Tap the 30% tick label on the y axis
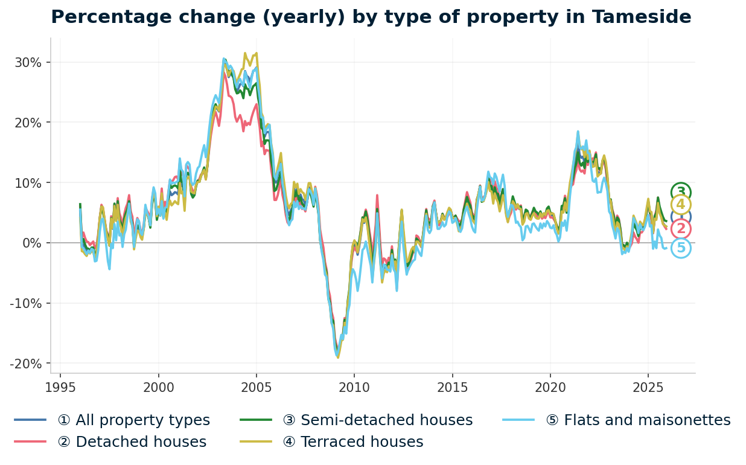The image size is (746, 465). [x=28, y=62]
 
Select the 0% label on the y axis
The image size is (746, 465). [x=31, y=243]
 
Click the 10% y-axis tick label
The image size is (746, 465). [x=28, y=182]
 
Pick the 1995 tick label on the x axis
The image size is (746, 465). [x=60, y=386]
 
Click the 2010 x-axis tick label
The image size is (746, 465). [x=354, y=386]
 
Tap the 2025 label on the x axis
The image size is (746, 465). [x=648, y=386]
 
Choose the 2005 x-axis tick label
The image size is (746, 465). [x=257, y=386]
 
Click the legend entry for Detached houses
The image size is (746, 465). [x=132, y=442]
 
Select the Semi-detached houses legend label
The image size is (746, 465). [x=377, y=420]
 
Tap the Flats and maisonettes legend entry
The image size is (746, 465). [x=638, y=420]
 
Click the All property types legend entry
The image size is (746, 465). [x=133, y=420]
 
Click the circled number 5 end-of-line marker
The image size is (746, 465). [x=681, y=248]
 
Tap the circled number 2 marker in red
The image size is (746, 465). [x=681, y=229]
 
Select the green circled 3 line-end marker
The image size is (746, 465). [x=681, y=192]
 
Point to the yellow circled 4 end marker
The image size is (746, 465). [x=681, y=205]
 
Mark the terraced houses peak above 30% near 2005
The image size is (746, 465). [x=244, y=53]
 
